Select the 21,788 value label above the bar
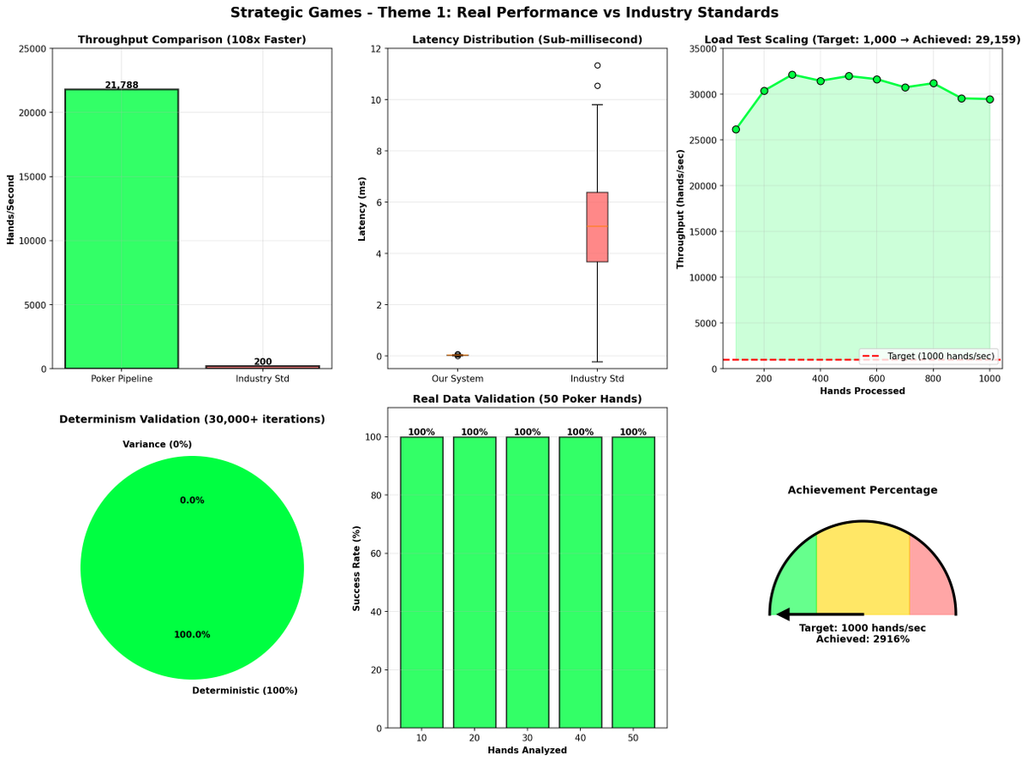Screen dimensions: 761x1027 (x=121, y=85)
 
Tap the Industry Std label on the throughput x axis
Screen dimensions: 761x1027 (x=262, y=378)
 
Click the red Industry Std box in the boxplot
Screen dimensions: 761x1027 (x=597, y=227)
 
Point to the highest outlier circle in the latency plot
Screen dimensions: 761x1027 (x=597, y=65)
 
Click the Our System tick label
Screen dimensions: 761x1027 (x=457, y=378)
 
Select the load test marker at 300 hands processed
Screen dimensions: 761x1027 (x=791, y=75)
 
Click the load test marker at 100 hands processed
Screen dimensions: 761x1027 (x=736, y=129)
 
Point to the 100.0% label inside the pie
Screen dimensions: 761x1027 (x=192, y=634)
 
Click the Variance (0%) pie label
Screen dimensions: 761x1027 (x=157, y=444)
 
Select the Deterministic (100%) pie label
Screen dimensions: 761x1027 (x=244, y=690)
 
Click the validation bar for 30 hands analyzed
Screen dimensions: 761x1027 (x=527, y=583)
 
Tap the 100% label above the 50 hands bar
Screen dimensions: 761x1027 (x=633, y=432)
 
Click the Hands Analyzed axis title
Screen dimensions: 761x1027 (x=527, y=750)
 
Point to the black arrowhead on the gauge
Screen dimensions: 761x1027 (x=782, y=614)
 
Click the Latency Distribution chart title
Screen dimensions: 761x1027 (x=527, y=39)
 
